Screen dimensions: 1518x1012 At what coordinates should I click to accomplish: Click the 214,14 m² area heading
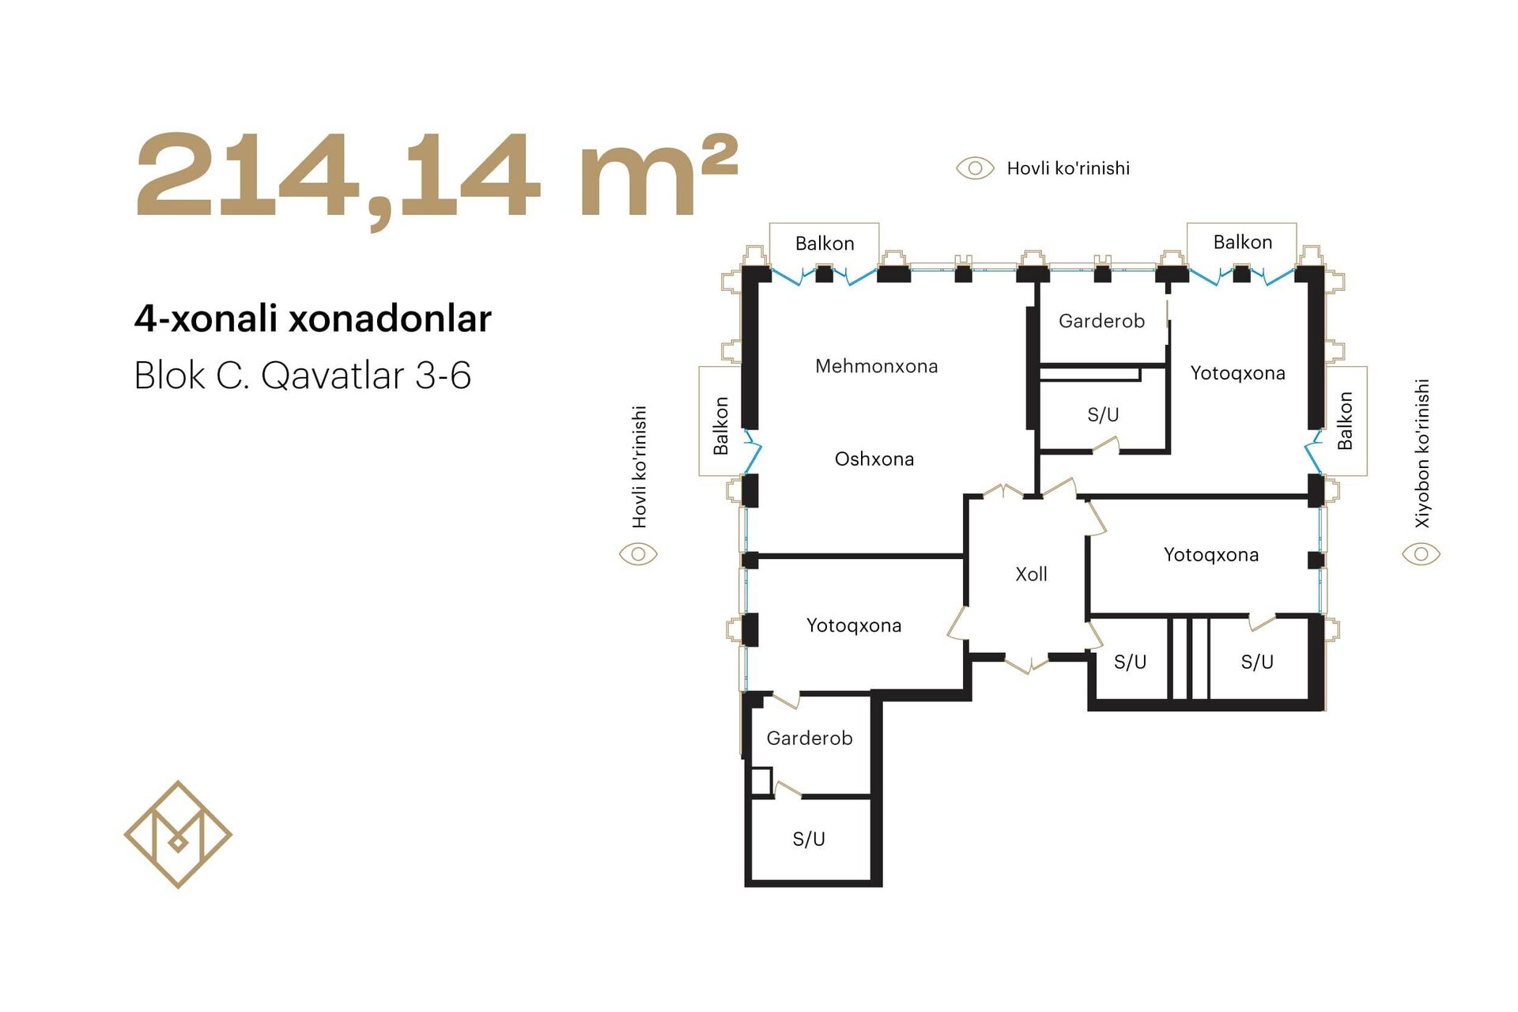coord(436,177)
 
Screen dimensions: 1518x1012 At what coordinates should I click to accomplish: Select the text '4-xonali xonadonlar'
coord(313,319)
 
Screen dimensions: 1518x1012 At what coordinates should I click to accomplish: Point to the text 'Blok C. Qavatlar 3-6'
coord(303,375)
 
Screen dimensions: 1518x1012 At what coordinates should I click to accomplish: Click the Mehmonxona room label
coord(876,366)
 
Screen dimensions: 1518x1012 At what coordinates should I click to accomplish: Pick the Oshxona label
coord(874,459)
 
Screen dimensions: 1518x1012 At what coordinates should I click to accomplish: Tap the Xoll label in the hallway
coord(1031,574)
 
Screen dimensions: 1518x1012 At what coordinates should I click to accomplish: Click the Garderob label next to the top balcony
coord(1101,321)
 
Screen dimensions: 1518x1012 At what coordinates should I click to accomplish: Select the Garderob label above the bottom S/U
coord(810,738)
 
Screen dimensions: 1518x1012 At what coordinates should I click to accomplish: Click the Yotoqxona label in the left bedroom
coord(854,625)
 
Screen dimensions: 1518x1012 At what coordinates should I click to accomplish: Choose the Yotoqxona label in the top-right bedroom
coord(1238,373)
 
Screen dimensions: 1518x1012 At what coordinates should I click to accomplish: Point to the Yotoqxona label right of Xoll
coord(1211,555)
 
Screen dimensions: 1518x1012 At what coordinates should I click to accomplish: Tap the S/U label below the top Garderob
coord(1103,414)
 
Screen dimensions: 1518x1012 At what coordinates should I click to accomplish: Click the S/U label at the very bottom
coord(809,839)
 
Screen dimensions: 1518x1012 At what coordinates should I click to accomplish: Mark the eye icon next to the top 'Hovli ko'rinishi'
coord(975,168)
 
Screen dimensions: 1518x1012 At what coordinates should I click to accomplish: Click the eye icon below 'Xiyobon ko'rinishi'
coord(1421,554)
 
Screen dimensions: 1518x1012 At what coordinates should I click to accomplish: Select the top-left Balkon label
coord(825,244)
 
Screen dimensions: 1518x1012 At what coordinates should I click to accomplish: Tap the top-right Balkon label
coord(1243,242)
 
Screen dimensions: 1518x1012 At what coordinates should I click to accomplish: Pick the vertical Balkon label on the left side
coord(720,426)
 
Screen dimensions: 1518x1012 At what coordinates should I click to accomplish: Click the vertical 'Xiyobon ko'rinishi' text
coord(1422,454)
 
